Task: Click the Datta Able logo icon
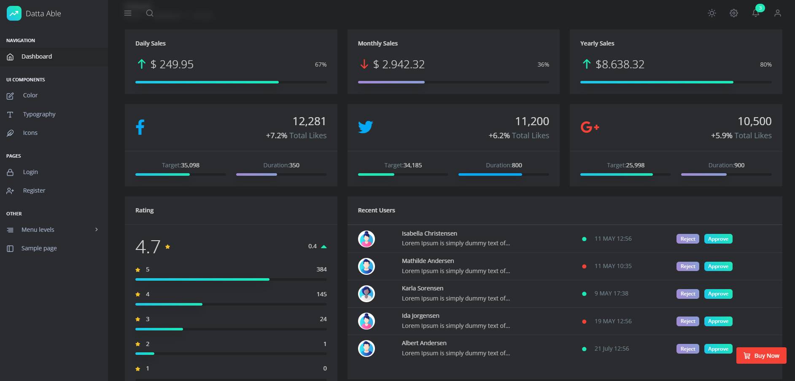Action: (14, 13)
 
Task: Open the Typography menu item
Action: (39, 114)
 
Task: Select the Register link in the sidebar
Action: (34, 190)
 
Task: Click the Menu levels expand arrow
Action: (97, 230)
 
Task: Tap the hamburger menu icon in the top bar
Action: (128, 13)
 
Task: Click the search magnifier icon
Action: (150, 13)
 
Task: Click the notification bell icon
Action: (755, 13)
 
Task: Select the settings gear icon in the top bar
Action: (734, 13)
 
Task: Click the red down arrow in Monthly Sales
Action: (364, 64)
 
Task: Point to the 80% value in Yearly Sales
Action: (765, 64)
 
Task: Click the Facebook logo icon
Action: (140, 127)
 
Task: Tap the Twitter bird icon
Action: (365, 127)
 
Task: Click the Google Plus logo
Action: (590, 127)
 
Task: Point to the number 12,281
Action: (309, 121)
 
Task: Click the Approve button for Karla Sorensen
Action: (718, 294)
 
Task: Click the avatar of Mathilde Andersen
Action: (366, 266)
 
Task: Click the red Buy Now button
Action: (761, 356)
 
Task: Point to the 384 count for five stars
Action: (321, 269)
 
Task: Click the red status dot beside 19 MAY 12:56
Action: (584, 322)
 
